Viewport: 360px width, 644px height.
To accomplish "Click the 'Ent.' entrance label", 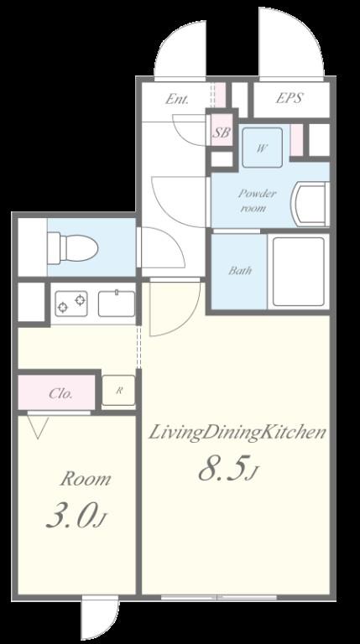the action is (177, 99).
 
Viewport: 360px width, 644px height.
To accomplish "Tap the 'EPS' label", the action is (290, 98).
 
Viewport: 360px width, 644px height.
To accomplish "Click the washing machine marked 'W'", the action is (262, 148).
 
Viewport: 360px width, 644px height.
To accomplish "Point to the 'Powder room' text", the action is (257, 201).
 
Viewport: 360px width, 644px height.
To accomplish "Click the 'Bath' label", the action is (240, 271).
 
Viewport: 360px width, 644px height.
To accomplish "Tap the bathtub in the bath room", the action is (299, 272).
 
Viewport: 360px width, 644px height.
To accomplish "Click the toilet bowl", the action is (72, 247).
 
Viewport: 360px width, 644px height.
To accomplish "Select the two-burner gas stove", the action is (71, 303).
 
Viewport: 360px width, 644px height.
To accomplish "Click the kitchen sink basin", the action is (117, 304).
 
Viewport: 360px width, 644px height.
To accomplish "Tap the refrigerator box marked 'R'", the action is (118, 390).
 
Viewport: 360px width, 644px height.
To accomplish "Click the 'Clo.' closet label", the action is (60, 393).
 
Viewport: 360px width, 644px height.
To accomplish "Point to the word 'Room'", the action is (85, 480).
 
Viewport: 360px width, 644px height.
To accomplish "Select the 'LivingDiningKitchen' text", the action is (237, 433).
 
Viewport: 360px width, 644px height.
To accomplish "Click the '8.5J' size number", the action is (227, 470).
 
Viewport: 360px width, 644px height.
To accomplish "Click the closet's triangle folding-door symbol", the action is (38, 428).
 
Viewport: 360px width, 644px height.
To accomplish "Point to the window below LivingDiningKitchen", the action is (219, 598).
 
